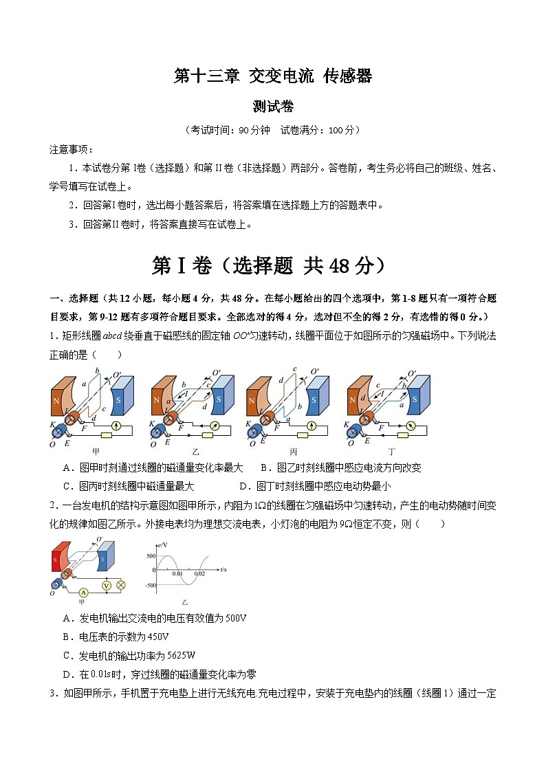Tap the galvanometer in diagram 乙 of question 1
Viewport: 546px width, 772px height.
tap(214, 427)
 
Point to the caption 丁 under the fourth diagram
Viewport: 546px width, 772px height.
tap(391, 452)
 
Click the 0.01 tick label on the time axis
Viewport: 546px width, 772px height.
tap(178, 573)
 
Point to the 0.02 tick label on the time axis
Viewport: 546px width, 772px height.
tap(199, 573)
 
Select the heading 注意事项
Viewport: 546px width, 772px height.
tap(72, 149)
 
